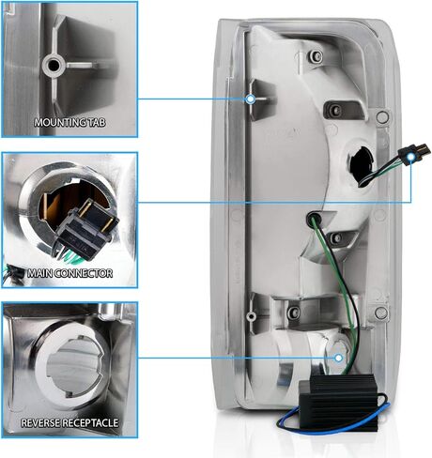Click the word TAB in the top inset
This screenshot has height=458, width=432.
pos(98,122)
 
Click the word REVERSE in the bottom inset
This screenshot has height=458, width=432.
pos(40,423)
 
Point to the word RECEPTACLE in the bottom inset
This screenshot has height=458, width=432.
pos(90,423)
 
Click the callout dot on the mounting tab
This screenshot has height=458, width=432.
pos(250,99)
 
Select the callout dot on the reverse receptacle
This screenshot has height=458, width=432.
pos(338,358)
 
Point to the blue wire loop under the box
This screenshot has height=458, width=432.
pos(332,429)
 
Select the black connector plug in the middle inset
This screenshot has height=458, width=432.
pos(87,232)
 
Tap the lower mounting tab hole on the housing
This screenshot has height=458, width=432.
pos(250,316)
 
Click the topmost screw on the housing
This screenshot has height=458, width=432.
pos(316,56)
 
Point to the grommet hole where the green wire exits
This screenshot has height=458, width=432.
pos(314,220)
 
